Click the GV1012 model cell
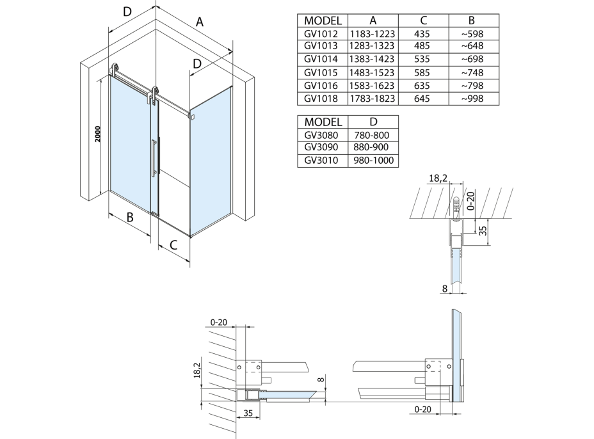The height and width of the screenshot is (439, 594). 322,33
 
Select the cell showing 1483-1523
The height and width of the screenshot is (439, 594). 373,72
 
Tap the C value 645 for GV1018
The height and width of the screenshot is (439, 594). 422,99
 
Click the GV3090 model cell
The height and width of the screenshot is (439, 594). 322,148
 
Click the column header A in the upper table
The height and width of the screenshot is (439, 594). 373,20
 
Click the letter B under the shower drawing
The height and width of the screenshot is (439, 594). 130,218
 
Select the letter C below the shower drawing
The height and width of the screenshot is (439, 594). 173,244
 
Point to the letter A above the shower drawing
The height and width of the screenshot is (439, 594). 200,22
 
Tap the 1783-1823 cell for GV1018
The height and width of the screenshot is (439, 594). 373,99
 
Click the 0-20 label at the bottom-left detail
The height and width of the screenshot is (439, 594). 220,323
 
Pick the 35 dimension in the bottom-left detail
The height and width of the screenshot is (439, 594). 249,413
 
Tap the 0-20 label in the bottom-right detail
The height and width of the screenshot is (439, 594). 423,408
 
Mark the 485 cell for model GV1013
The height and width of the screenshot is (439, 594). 422,46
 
